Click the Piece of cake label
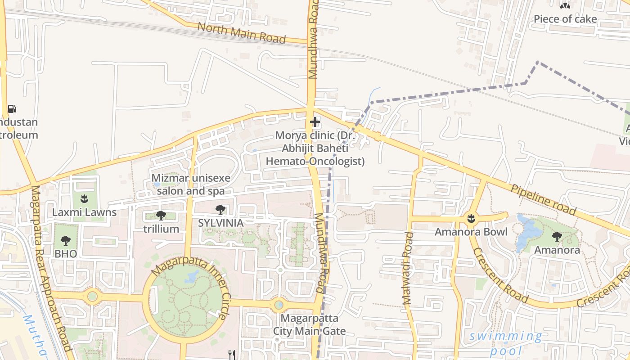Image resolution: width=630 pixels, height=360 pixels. coord(565,19)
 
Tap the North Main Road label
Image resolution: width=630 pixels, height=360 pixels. coord(242,33)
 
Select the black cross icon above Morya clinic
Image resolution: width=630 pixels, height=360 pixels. coord(315,121)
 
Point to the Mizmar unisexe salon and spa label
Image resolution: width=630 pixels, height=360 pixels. coord(190,184)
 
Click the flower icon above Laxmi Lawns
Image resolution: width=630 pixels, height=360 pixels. coord(84,198)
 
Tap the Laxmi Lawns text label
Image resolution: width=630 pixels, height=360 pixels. coord(85,212)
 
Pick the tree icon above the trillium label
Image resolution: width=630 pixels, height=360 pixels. coord(161,216)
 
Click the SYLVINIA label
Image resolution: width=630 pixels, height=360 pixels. coord(221,223)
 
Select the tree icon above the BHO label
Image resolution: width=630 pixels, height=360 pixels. coord(66,240)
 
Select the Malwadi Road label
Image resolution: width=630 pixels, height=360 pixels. coord(408,269)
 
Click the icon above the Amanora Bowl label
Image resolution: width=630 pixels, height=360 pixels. coord(471,219)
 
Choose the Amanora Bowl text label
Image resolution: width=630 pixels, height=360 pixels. coord(471,232)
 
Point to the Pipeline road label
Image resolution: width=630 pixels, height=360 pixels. coord(543,199)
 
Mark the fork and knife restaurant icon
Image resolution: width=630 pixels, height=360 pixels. coord(232,355)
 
